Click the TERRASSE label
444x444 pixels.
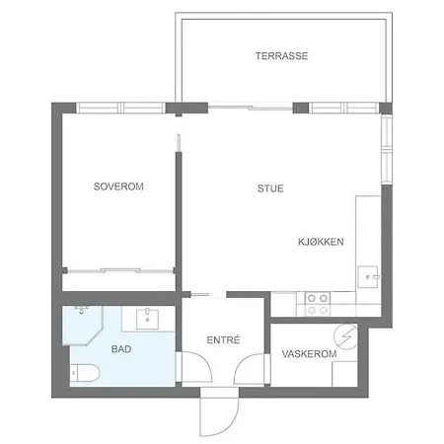[x=281, y=56]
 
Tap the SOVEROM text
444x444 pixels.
[x=118, y=186]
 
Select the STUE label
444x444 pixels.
[x=270, y=188]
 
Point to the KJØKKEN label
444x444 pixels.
[x=321, y=242]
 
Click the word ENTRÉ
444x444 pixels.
[x=223, y=339]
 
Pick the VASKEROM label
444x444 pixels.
[x=309, y=354]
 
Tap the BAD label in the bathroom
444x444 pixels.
[x=121, y=349]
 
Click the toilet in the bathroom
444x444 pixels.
[x=85, y=373]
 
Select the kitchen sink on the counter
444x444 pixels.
[x=368, y=277]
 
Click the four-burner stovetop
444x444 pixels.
[x=318, y=304]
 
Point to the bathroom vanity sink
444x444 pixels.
[x=147, y=319]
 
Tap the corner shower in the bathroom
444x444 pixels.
[x=83, y=326]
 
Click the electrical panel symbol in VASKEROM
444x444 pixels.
[x=345, y=336]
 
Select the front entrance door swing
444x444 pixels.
[x=219, y=412]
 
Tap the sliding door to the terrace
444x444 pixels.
[x=251, y=108]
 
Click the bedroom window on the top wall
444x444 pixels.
[x=120, y=108]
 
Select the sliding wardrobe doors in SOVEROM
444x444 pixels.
[x=120, y=271]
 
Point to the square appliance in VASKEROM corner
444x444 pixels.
[x=344, y=374]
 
